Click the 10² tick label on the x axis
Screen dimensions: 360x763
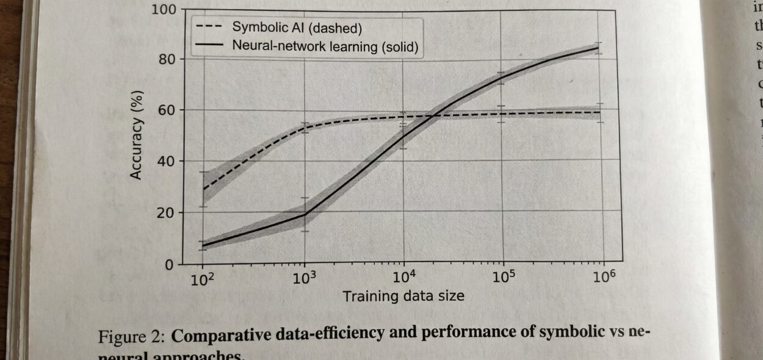pos(203,280)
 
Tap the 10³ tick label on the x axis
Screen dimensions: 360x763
pos(305,279)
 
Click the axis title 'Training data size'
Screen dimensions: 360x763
pos(403,297)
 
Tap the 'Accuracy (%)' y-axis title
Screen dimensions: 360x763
pos(137,135)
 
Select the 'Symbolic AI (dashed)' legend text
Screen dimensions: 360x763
pos(297,27)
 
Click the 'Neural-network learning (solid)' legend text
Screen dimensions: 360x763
pos(325,46)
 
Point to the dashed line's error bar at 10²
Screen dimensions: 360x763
pos(203,189)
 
